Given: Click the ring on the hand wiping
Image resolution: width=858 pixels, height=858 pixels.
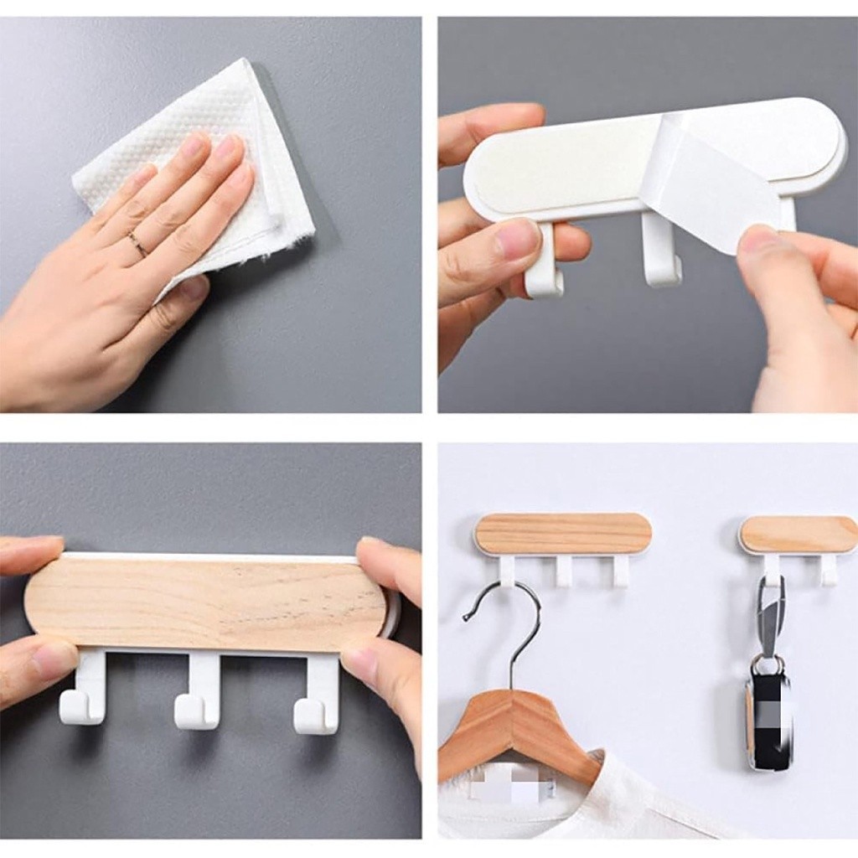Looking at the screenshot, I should click(x=137, y=244).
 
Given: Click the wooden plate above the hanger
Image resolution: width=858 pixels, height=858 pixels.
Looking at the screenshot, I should click(x=562, y=534).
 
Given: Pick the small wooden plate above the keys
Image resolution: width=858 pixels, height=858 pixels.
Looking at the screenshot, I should click(x=798, y=534).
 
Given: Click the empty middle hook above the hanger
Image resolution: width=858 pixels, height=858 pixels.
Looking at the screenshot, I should click(x=564, y=571).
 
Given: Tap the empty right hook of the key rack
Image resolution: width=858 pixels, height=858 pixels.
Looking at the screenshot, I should click(x=829, y=570).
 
